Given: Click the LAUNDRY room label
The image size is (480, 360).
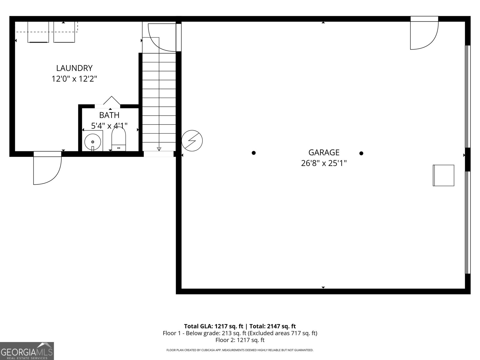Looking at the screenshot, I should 74,68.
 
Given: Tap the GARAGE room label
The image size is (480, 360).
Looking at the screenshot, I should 324,152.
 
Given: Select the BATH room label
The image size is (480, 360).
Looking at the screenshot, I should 109,115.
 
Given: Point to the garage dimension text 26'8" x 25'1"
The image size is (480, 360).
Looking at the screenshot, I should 324,163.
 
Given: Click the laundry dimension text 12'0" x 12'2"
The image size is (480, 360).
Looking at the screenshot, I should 74,79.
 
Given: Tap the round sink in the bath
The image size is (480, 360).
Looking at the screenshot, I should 92,142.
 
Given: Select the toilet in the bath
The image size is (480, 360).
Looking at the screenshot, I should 119,139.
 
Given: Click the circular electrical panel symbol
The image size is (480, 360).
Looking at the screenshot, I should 192,140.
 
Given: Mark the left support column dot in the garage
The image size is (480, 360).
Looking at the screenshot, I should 253,153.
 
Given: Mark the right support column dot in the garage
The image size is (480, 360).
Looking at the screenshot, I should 361,153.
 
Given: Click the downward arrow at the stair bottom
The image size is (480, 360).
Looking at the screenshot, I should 159,149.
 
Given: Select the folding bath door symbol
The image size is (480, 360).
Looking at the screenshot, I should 112,100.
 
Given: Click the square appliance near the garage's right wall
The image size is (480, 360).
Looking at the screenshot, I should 443,175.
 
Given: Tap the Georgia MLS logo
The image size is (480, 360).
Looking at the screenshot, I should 27,351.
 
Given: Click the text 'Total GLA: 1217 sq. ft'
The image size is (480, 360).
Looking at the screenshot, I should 213,326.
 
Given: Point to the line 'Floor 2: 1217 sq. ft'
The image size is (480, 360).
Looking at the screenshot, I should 240,340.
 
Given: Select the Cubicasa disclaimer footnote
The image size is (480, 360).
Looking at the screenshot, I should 240,350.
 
